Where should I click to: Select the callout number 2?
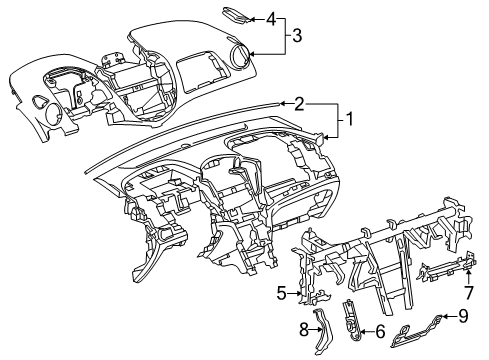tap(299, 103)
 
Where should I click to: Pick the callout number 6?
tap(380, 331)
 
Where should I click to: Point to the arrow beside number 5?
tap(298, 293)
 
